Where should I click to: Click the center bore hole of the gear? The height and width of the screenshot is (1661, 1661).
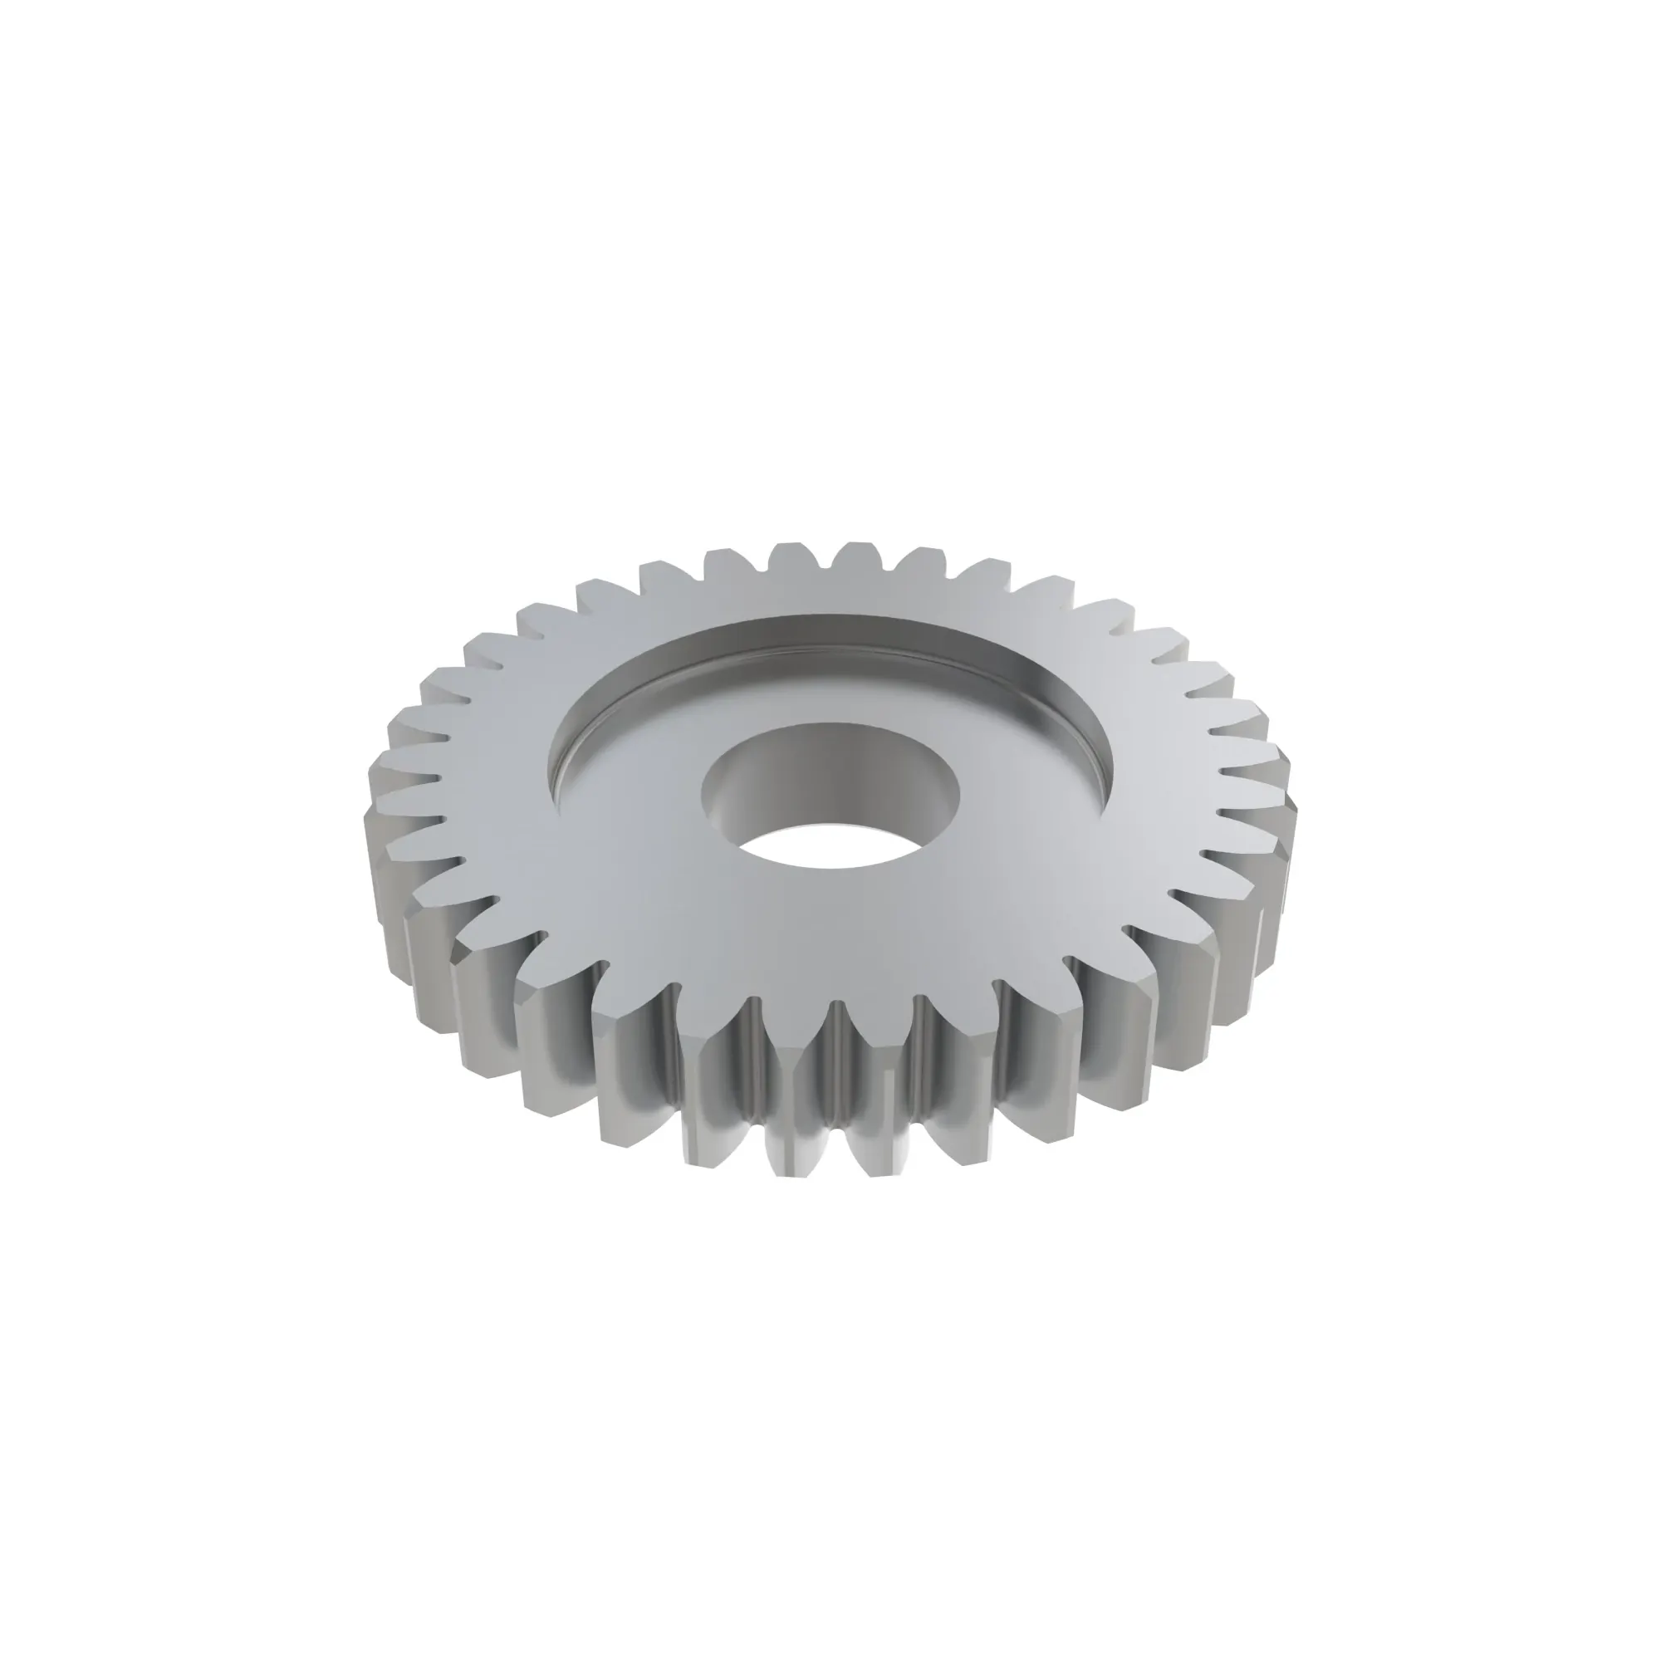click(830, 796)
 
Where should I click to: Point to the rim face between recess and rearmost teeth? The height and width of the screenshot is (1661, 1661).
click(830, 593)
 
